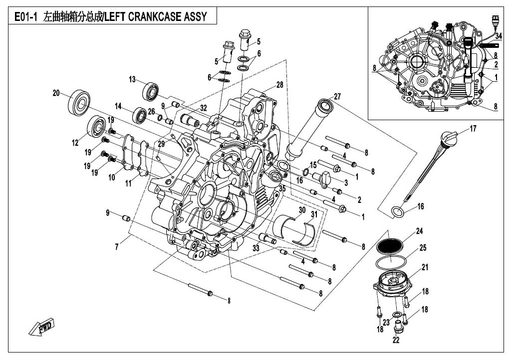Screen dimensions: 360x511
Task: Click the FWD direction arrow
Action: (x=42, y=328)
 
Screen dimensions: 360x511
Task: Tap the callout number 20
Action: (x=56, y=93)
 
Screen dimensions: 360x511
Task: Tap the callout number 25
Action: (x=423, y=247)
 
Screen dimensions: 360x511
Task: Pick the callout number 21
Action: (x=425, y=267)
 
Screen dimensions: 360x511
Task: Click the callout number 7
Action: (x=117, y=246)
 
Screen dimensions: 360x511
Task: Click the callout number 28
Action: (x=280, y=85)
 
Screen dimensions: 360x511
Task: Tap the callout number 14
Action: (x=118, y=106)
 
